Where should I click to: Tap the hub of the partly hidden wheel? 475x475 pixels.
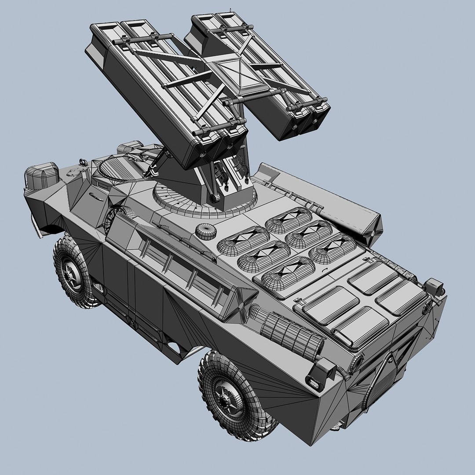click(70, 274)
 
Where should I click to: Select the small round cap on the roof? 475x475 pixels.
click(206, 231)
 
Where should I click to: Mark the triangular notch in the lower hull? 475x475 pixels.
click(176, 347)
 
